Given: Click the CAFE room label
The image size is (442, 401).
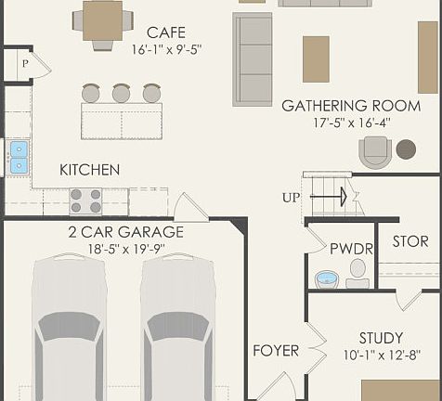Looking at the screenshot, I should coord(165,33).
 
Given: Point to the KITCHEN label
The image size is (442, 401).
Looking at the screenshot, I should coord(89,170).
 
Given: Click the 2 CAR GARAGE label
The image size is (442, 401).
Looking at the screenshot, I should coord(125,232).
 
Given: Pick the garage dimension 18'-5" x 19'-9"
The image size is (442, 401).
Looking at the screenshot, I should coord(125,249).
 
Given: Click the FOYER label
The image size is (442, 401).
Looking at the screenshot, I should coord(276,351).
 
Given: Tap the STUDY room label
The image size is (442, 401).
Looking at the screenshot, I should coord(381,338).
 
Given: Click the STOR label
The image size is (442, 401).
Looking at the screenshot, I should coord(409,242).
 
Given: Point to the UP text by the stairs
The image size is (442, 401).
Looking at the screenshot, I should coord(292,198).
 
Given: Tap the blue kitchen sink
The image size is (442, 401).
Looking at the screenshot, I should coord(19,157).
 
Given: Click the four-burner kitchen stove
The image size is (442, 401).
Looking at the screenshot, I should coord(86,200).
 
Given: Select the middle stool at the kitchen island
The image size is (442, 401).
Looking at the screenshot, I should coord(121,93).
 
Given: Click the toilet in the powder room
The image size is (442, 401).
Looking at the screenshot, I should coord(357,270).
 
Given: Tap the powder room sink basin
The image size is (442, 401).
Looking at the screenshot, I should coord(326,278).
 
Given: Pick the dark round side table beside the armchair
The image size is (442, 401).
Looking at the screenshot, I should coord(406,149).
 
